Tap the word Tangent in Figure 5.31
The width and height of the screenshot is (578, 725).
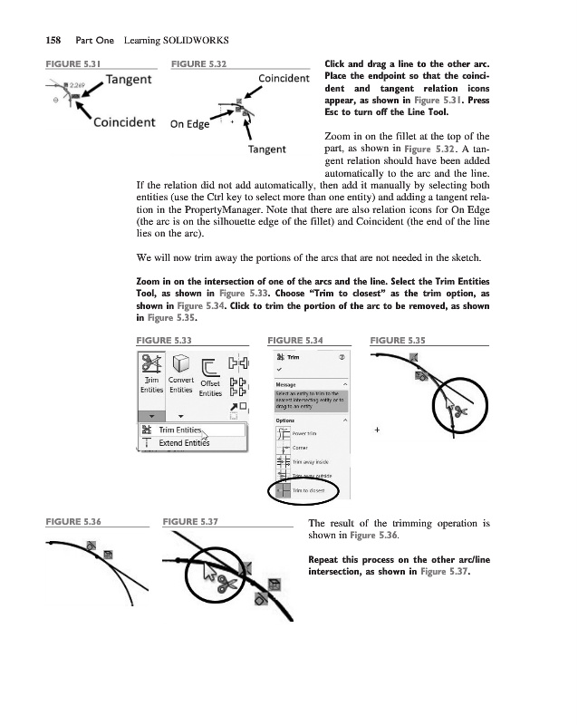(x=129, y=80)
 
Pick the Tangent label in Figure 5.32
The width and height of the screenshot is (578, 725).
(x=267, y=149)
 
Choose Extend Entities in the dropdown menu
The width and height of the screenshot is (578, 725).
(x=183, y=443)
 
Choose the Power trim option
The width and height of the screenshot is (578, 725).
(x=306, y=432)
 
